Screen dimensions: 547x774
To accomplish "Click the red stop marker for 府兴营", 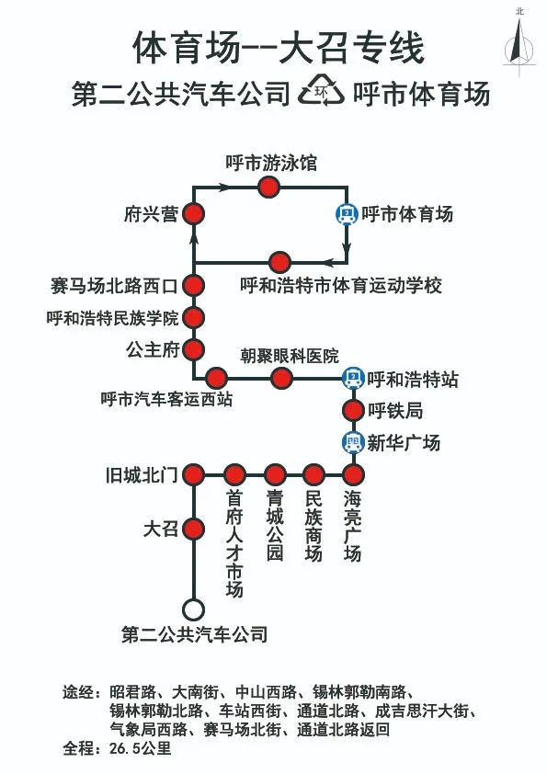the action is coord(194,214).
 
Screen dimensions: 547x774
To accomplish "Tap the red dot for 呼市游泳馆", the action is coord(269,188).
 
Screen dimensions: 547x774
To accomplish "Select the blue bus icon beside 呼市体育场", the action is coord(348,214).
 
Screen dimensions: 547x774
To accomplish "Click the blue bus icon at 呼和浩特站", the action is coord(353,379).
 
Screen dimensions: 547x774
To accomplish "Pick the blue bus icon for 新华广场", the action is coord(353,442).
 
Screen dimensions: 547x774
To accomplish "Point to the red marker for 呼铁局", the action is coord(353,410).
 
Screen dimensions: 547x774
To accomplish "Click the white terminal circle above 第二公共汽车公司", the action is coord(194,609).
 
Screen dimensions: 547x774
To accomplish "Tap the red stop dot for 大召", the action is coord(194,529).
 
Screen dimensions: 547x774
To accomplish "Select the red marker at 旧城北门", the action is coord(194,475).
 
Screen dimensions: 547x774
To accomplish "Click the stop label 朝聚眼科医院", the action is coord(290,356).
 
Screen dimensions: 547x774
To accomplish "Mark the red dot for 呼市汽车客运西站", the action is coord(216,379).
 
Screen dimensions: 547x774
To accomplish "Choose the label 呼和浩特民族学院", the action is coord(112,318).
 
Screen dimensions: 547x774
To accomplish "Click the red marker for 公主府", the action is coord(194,349).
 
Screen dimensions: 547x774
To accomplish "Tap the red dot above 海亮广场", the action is coord(353,475).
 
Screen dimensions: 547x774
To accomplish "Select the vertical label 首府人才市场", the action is coord(234,543).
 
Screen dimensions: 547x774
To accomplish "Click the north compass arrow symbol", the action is coord(519,41).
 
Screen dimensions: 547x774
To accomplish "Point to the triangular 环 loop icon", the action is coord(322,91).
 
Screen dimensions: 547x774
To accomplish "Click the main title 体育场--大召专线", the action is coord(279,48).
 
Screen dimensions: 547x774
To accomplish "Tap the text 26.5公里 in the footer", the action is coord(141,748).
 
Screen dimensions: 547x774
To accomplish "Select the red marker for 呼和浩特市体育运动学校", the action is coord(279,262).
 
